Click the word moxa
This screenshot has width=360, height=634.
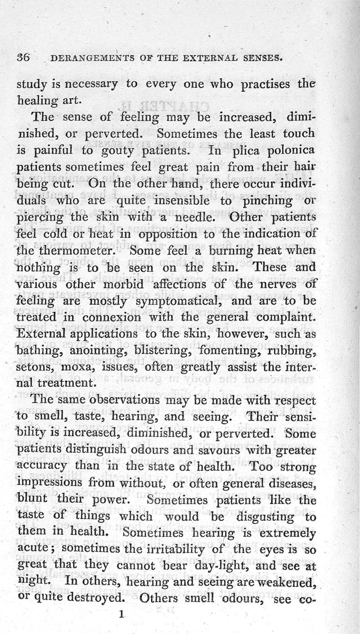pos(80,368)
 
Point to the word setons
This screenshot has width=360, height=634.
pos(36,368)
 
